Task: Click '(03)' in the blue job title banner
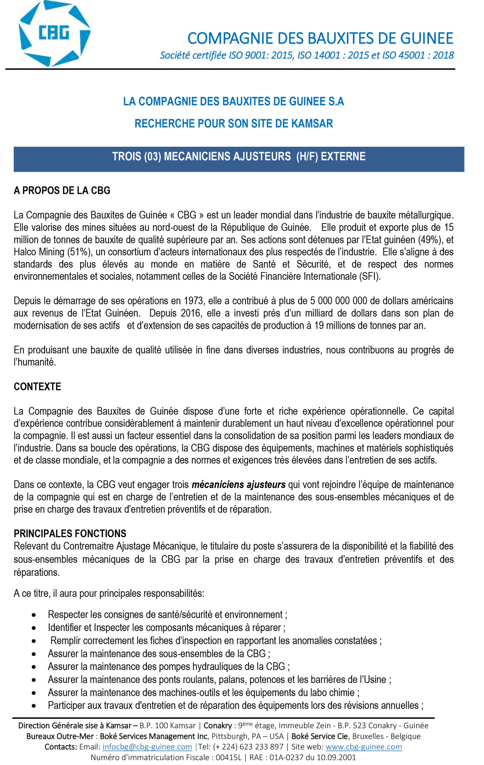153,156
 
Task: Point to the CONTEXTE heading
37,387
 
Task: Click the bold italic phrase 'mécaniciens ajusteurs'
238,485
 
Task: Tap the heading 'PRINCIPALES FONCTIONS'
70,533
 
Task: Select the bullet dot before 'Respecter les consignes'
34,615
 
